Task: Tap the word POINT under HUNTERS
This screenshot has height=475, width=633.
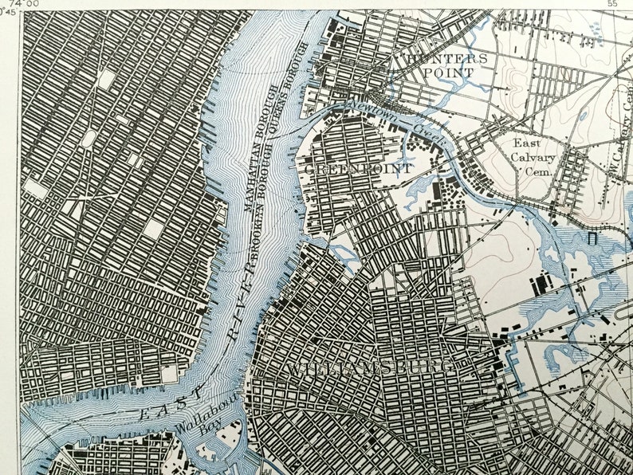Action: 448,73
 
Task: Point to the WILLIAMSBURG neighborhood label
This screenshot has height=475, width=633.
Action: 372,368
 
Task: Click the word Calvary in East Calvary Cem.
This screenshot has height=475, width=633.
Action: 535,157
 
